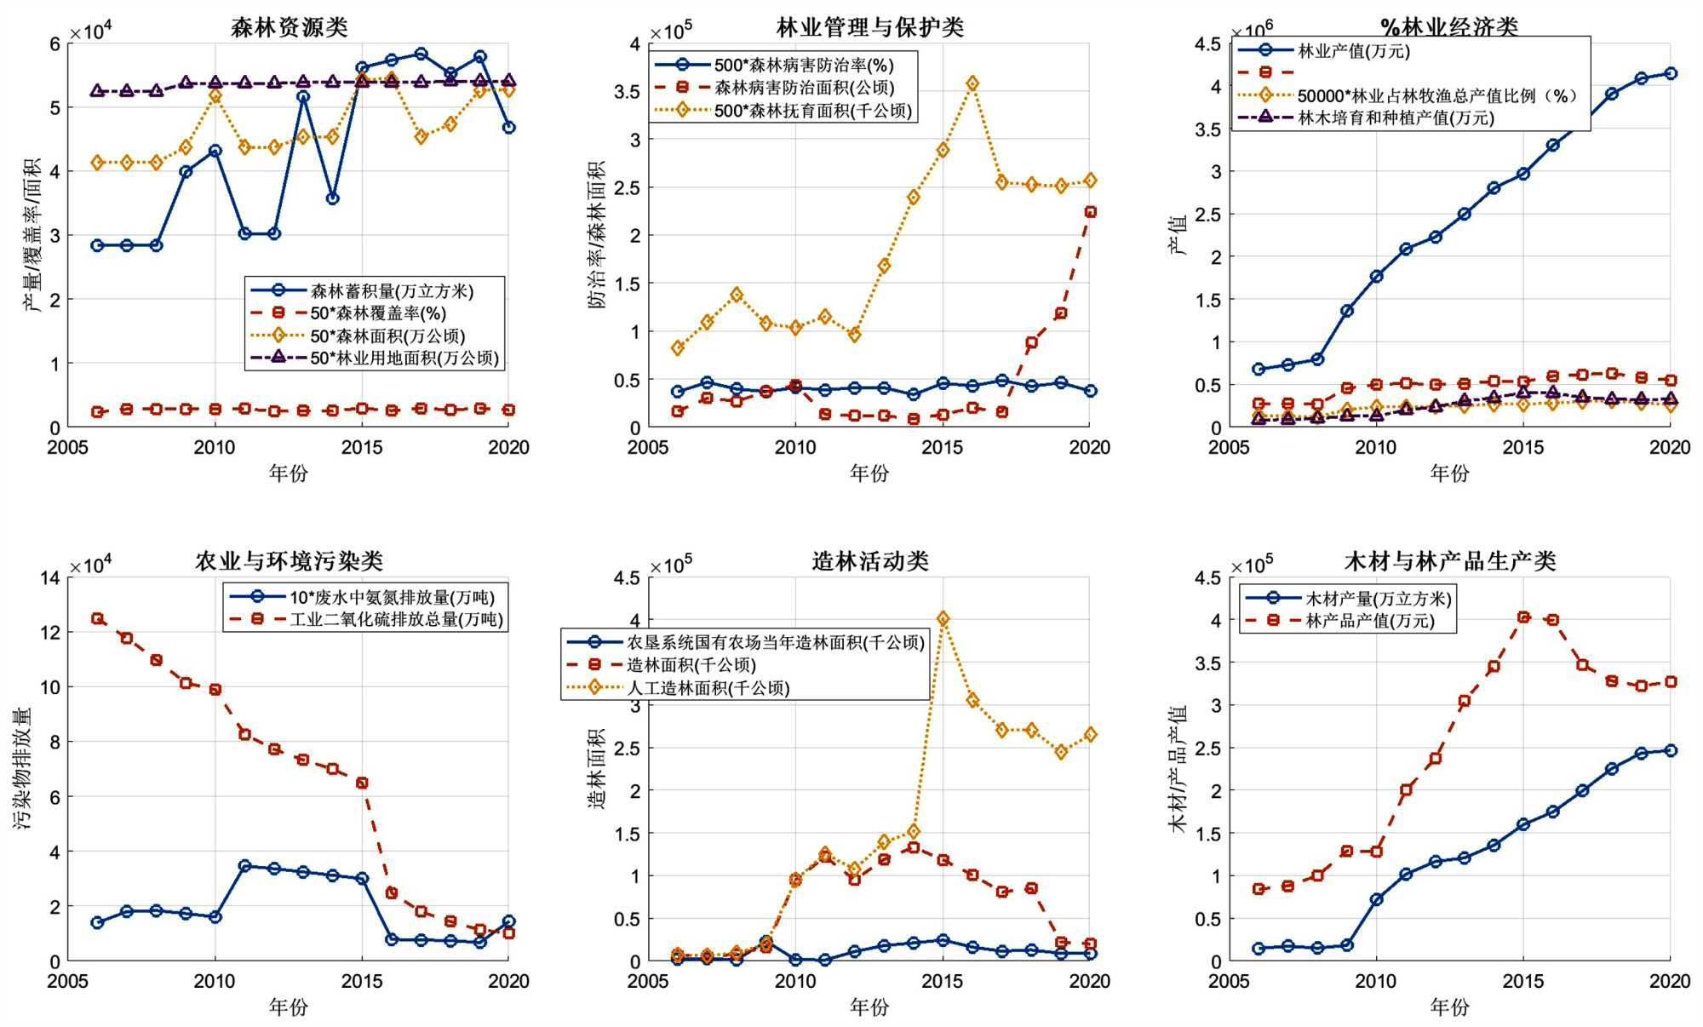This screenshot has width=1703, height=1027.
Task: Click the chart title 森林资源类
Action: (289, 27)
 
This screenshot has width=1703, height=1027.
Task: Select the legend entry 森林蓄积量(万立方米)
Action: (391, 291)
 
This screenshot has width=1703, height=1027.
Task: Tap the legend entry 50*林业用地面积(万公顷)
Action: (404, 359)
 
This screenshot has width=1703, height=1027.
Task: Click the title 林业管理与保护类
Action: (869, 27)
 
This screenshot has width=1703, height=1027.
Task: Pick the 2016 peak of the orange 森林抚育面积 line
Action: (972, 83)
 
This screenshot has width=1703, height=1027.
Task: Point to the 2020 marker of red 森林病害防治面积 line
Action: (1090, 212)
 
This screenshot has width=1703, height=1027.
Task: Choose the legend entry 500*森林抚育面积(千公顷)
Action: (812, 111)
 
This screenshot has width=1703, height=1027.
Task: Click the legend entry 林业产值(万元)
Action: (1353, 51)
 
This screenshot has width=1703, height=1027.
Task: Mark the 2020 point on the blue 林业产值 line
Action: (1671, 74)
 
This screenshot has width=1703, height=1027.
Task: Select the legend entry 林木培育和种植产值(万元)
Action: (1396, 118)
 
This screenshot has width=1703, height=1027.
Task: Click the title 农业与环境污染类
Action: (289, 561)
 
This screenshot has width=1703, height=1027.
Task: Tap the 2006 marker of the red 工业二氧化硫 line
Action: (97, 619)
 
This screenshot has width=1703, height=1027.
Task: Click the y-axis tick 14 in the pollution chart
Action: (50, 578)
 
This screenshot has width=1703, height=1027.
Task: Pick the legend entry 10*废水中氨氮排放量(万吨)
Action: (392, 597)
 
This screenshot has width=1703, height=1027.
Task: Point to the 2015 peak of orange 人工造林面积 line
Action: (943, 619)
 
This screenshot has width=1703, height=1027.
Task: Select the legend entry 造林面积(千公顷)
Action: (691, 665)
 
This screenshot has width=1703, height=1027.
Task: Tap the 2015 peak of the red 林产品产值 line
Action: (1523, 617)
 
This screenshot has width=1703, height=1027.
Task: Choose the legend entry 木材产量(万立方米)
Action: (1378, 599)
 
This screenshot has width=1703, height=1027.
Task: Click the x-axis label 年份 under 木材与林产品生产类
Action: (1449, 1007)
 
